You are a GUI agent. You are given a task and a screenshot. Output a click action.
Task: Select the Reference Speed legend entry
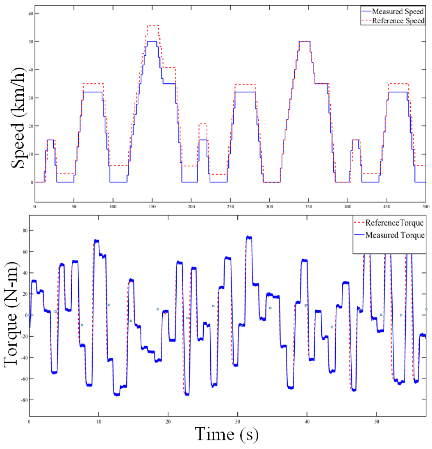(x=398, y=21)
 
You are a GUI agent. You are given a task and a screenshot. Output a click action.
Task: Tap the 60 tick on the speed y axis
(x=30, y=13)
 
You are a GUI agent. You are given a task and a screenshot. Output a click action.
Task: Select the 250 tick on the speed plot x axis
(x=230, y=206)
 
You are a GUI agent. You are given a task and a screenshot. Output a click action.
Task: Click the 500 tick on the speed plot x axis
(x=426, y=206)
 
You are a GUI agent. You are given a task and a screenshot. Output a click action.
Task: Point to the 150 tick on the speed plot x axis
(x=152, y=206)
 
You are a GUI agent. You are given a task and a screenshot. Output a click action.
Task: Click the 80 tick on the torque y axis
(x=23, y=230)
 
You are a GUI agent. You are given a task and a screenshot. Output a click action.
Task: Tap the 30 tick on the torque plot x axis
(x=237, y=421)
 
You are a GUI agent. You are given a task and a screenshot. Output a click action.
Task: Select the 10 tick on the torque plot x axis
(x=99, y=421)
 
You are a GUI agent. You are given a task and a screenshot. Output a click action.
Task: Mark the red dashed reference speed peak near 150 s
(x=152, y=25)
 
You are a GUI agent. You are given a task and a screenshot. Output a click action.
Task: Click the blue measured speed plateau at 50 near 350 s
(x=305, y=41)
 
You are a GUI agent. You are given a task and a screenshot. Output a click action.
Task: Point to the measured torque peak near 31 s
(x=248, y=237)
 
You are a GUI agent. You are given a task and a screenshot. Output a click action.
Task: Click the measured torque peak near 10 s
(x=96, y=241)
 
